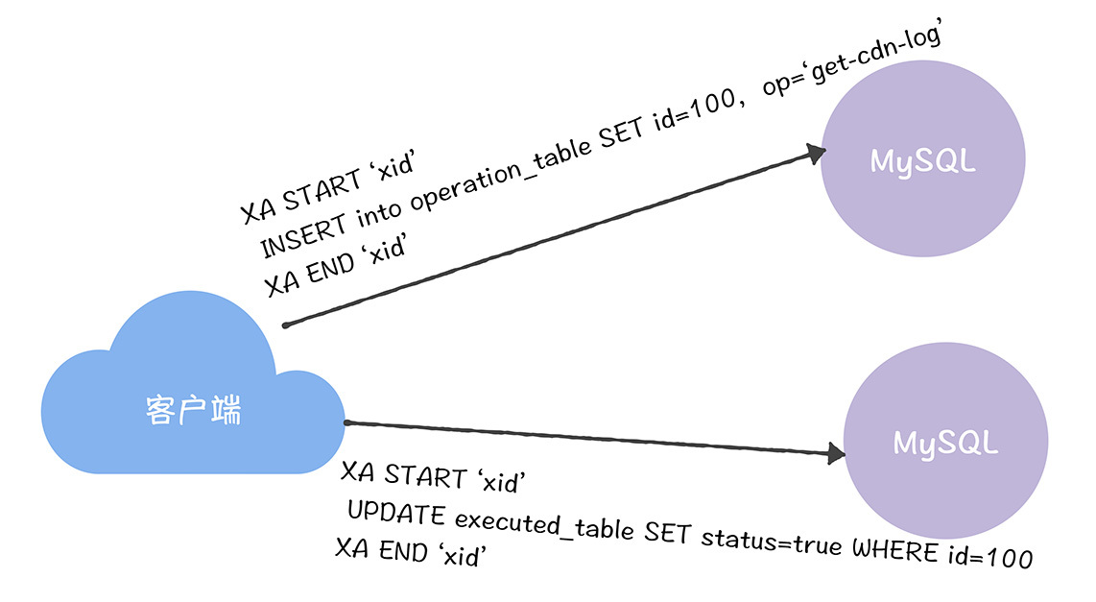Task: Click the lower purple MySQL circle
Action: [x=945, y=444]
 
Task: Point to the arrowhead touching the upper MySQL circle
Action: [x=814, y=154]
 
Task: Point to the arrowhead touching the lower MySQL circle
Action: [x=835, y=453]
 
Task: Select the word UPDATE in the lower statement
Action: [x=396, y=514]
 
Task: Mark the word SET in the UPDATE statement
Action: [x=667, y=532]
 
